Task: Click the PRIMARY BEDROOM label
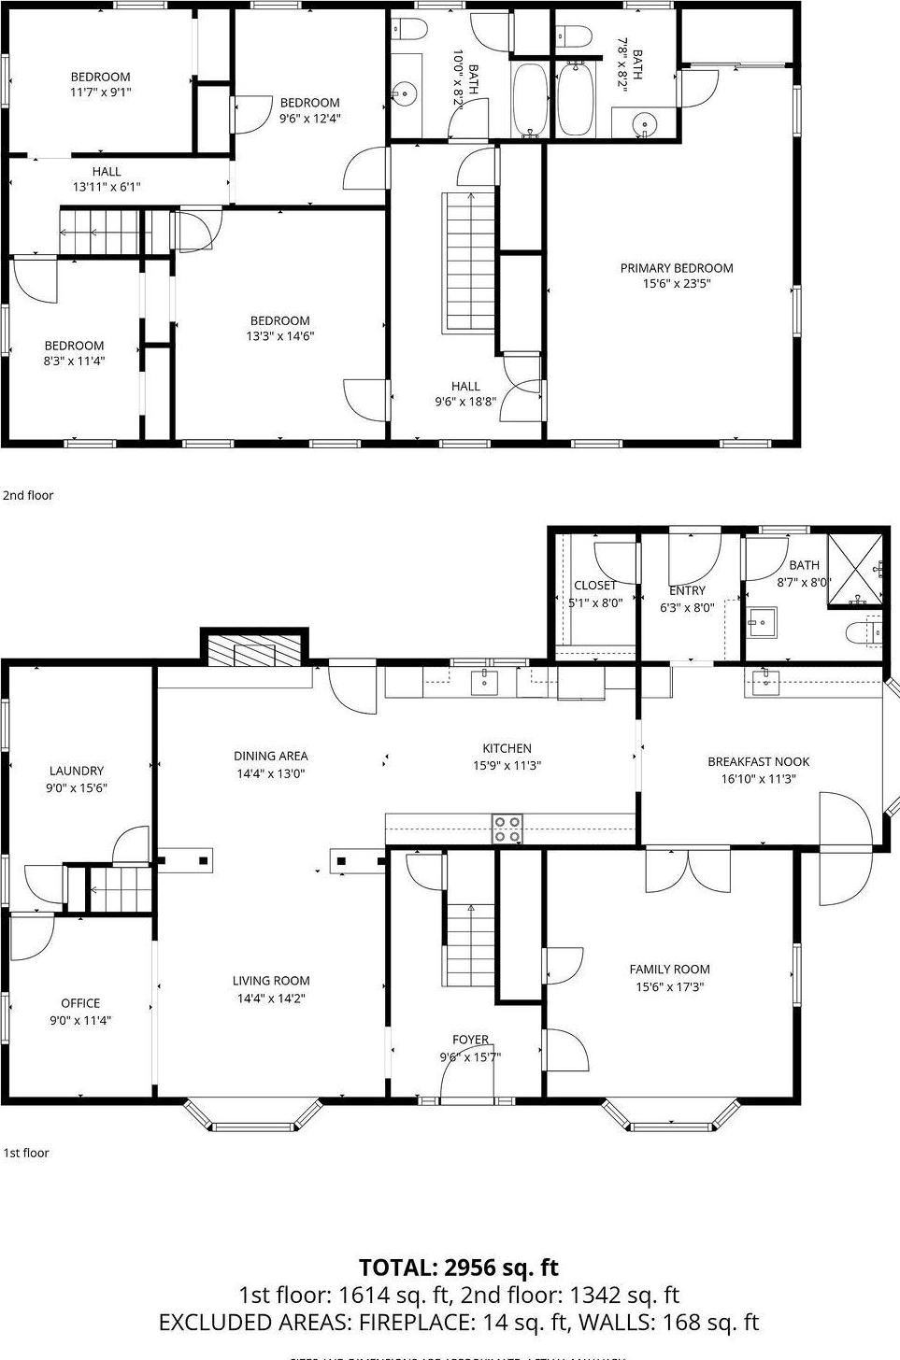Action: click(x=677, y=268)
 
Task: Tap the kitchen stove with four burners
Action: click(x=508, y=829)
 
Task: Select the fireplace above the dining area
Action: click(x=254, y=652)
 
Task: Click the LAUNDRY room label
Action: click(x=77, y=771)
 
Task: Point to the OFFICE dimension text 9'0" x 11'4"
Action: click(x=80, y=1020)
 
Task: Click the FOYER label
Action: click(x=470, y=1040)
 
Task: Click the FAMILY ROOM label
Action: click(x=669, y=970)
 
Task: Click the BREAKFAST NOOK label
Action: click(x=758, y=761)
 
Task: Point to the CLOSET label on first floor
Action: click(x=595, y=586)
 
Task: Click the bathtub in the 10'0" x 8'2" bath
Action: click(x=529, y=100)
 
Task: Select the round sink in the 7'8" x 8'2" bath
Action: click(x=642, y=123)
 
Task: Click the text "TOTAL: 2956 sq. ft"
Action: click(x=458, y=1268)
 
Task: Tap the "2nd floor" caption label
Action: click(x=28, y=495)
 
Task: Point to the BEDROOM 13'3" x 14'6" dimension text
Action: click(x=279, y=336)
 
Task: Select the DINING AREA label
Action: click(x=270, y=756)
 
